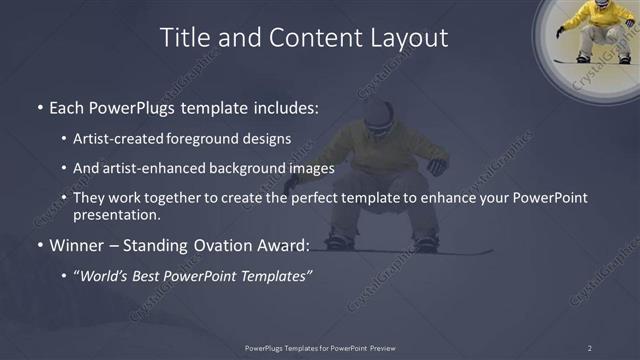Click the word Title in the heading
coord(187,38)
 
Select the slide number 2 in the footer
coord(590,347)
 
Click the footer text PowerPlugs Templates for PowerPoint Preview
coord(319,347)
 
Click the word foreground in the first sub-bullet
coord(213,139)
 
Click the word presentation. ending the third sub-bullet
coord(116,214)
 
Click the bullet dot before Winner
coord(39,244)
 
